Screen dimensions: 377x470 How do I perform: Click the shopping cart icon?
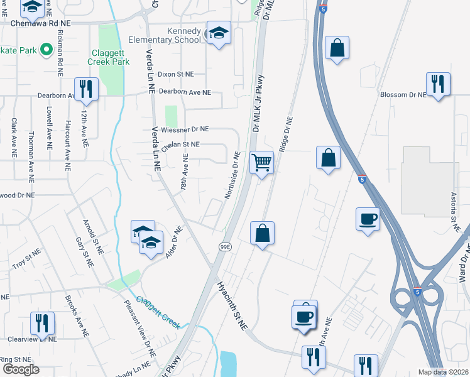[261, 163]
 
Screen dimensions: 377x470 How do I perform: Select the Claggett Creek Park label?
[110, 58]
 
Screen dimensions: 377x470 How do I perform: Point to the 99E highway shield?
[226, 248]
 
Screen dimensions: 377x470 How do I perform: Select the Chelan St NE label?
[180, 145]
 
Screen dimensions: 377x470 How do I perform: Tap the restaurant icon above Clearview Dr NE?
[43, 324]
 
